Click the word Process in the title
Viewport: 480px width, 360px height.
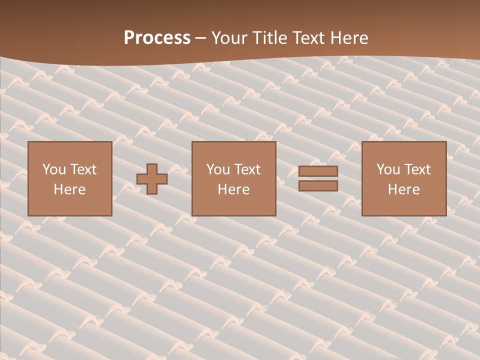tap(157, 38)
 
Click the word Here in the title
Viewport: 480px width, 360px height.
tap(350, 38)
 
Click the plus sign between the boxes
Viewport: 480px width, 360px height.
tap(152, 178)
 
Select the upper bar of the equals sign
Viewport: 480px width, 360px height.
tap(318, 171)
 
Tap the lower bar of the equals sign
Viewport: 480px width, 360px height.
tap(318, 185)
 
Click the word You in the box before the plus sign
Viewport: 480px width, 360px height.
tap(53, 169)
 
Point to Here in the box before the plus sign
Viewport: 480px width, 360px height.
tap(69, 189)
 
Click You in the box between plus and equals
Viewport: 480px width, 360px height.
tap(218, 169)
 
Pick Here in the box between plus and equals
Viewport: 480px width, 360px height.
tap(233, 189)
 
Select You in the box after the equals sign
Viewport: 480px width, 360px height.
tap(388, 169)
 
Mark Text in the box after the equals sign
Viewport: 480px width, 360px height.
tap(417, 169)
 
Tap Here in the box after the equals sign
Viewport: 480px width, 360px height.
tap(404, 189)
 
